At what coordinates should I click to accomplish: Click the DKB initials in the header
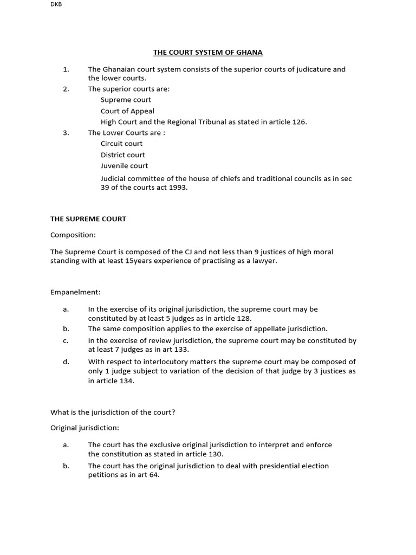click(x=56, y=4)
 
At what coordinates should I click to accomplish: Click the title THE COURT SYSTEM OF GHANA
click(x=208, y=53)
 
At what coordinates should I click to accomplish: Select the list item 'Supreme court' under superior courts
click(x=126, y=100)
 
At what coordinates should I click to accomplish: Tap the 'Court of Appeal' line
click(x=127, y=111)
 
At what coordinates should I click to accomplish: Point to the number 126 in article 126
click(x=298, y=122)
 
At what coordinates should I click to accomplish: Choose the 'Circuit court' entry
click(x=121, y=144)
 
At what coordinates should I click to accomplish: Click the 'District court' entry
click(x=122, y=155)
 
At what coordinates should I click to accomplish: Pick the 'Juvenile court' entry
click(x=124, y=166)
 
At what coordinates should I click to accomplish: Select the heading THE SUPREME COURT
click(x=88, y=219)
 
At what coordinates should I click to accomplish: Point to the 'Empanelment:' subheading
click(x=75, y=292)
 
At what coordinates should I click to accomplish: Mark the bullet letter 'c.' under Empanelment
click(x=66, y=341)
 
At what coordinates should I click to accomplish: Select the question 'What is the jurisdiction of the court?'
click(x=113, y=412)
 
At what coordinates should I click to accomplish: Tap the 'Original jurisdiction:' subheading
click(x=84, y=428)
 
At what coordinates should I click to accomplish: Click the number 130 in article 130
click(x=216, y=454)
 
